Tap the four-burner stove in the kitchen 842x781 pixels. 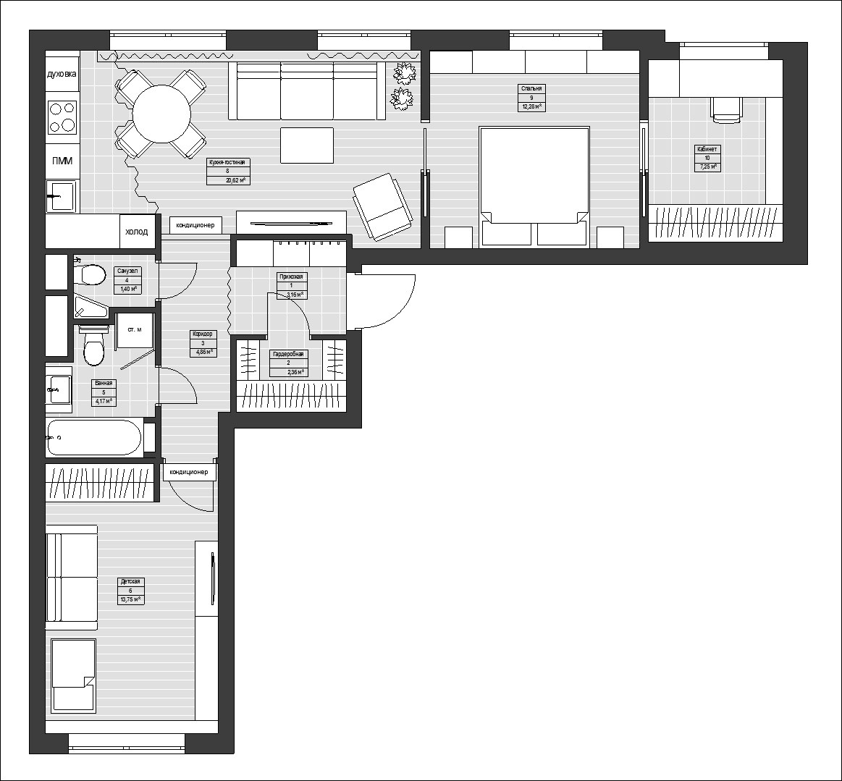click(x=62, y=117)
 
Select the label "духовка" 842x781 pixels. click(x=62, y=75)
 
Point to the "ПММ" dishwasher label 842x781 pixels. click(x=62, y=161)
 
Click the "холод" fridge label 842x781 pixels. click(x=137, y=232)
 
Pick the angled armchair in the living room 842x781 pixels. click(x=381, y=206)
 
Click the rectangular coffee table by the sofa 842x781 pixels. click(x=307, y=145)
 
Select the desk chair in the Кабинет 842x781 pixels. click(x=726, y=109)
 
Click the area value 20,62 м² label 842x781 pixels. click(x=228, y=180)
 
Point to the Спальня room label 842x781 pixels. click(x=531, y=98)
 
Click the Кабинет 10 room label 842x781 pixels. click(x=707, y=158)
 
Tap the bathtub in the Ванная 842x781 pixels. click(x=93, y=437)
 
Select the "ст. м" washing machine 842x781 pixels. click(x=135, y=330)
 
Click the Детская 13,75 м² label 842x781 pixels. click(x=130, y=591)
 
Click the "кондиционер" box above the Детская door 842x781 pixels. click(x=189, y=472)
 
